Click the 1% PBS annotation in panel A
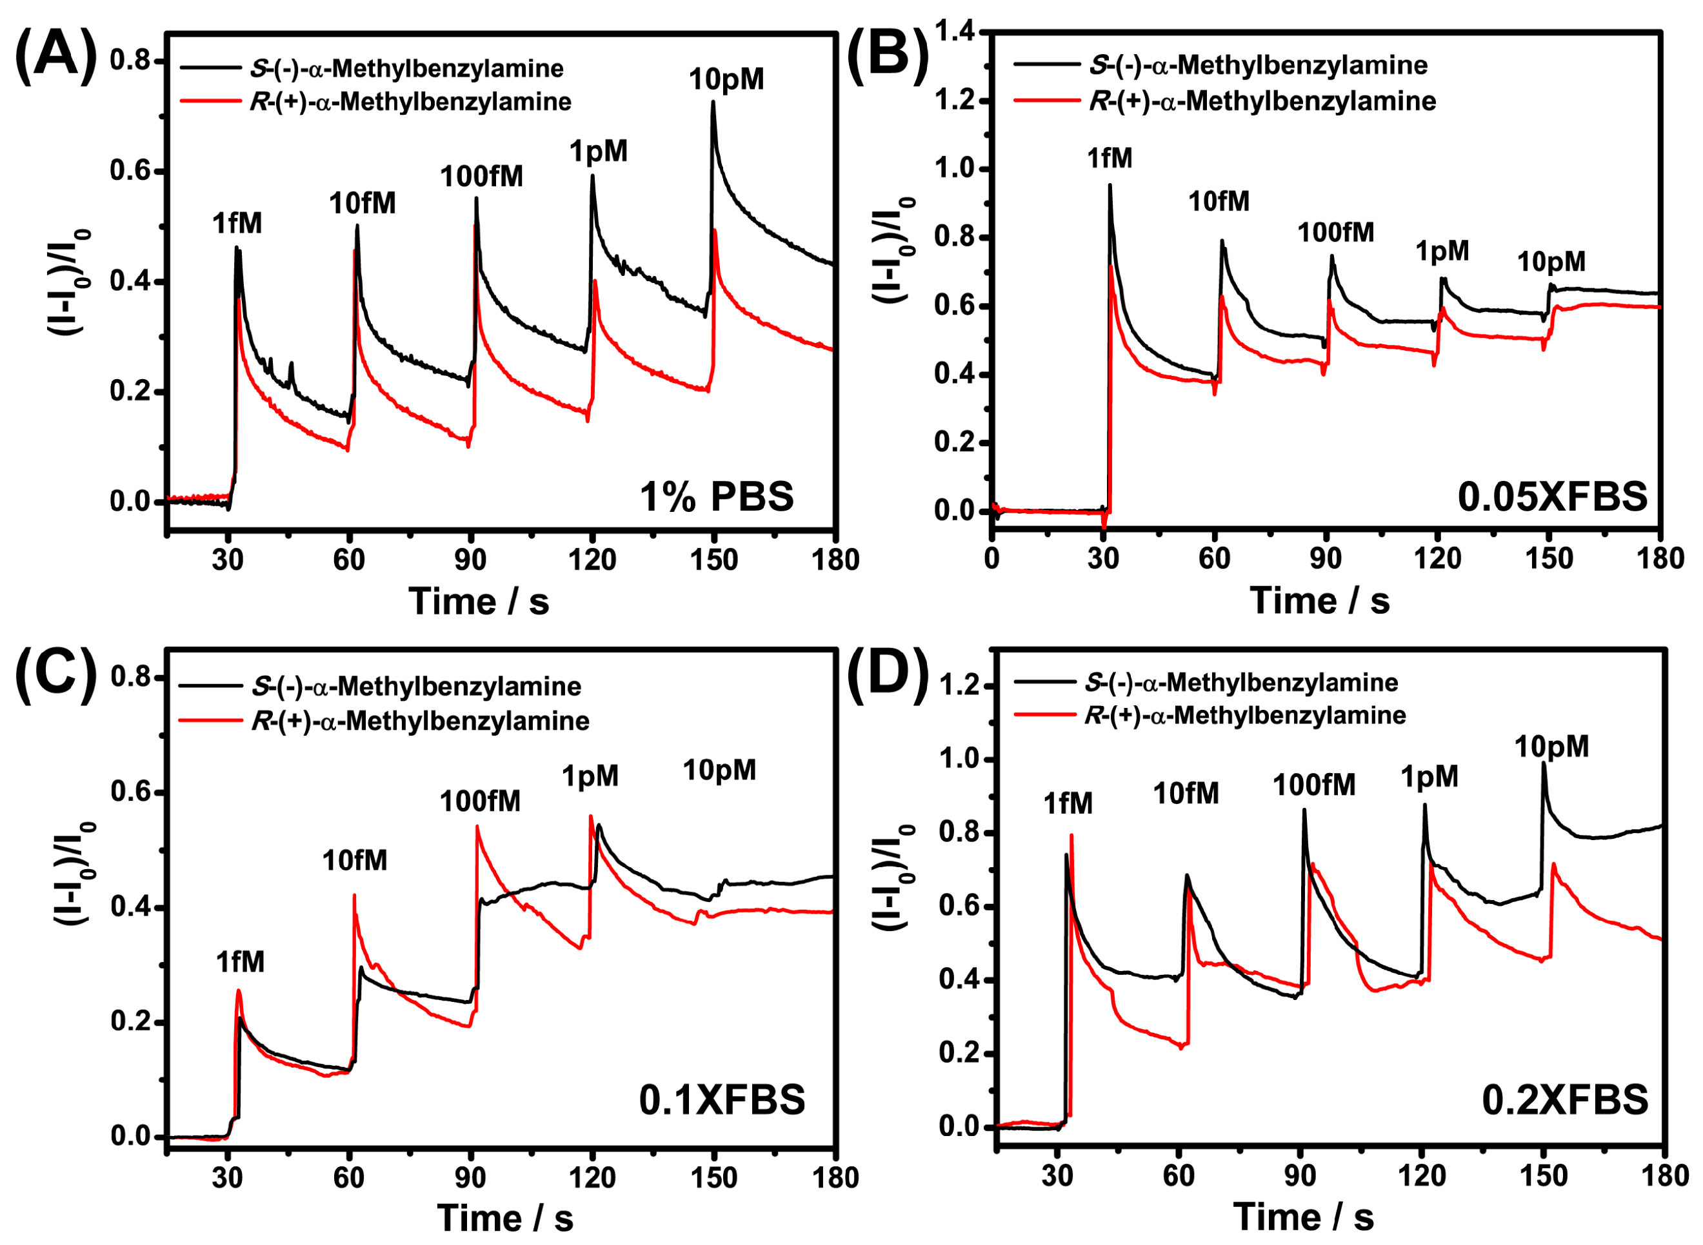(716, 497)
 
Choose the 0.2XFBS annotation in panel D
(1565, 1101)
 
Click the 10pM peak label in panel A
(726, 80)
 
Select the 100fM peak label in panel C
(480, 801)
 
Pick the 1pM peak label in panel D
(1429, 777)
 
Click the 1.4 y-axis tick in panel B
(955, 32)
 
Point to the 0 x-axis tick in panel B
(992, 559)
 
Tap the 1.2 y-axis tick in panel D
(959, 686)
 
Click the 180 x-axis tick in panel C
(836, 1177)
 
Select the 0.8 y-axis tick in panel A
(130, 61)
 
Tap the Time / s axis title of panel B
(1319, 602)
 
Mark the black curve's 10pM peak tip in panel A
(712, 103)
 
